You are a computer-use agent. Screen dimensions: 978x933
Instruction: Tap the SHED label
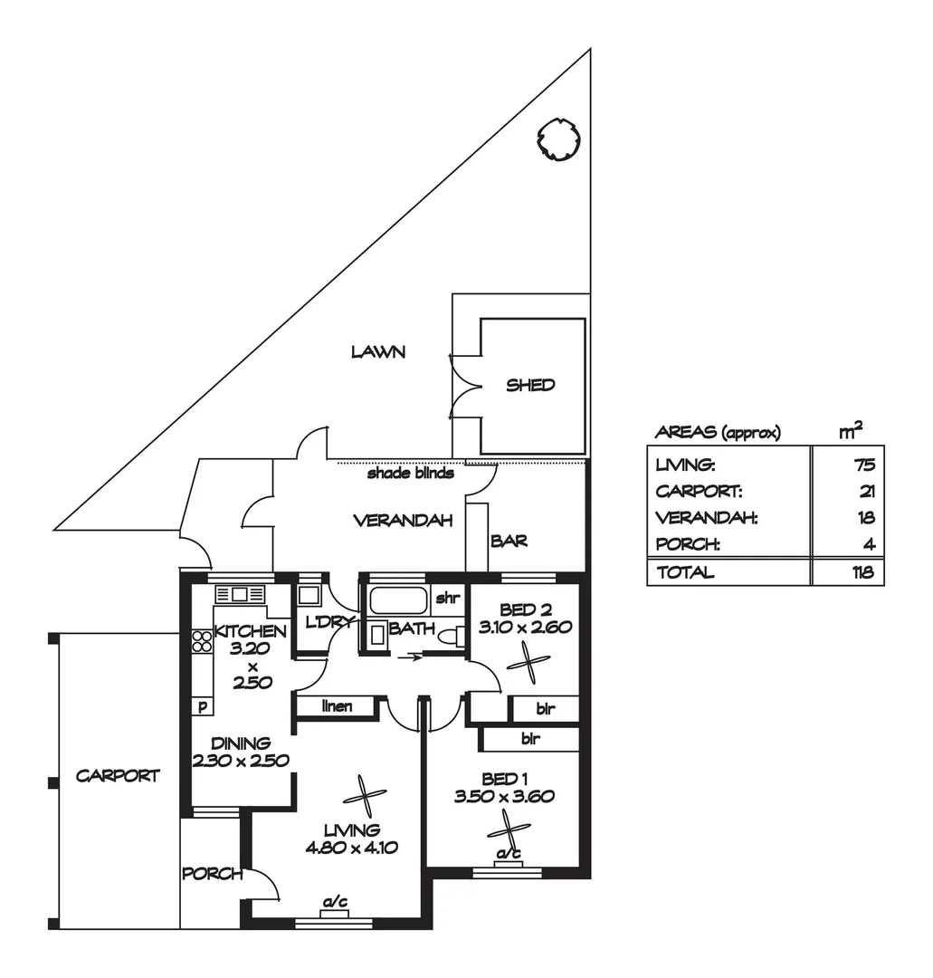coord(530,385)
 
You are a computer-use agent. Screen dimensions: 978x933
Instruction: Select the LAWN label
coord(377,352)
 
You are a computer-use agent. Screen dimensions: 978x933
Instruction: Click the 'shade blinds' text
coord(410,473)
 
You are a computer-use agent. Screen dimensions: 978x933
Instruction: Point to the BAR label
coord(509,542)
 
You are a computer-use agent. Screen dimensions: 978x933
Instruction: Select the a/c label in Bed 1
coord(508,854)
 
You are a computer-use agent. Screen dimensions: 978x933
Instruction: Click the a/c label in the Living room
coord(335,902)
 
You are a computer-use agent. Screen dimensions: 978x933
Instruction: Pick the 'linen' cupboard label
coord(337,706)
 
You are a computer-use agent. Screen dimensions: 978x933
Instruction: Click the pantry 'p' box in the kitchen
coord(202,706)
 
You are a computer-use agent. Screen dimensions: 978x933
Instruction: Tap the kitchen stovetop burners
coord(202,641)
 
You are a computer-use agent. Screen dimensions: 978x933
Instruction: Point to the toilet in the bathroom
coord(447,637)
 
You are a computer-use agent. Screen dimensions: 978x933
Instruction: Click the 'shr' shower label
coord(447,599)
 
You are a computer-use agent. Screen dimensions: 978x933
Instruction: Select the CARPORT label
coord(118,776)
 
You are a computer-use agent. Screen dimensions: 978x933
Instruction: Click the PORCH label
coord(212,874)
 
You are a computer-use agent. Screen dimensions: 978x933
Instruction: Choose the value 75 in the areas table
coord(863,465)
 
